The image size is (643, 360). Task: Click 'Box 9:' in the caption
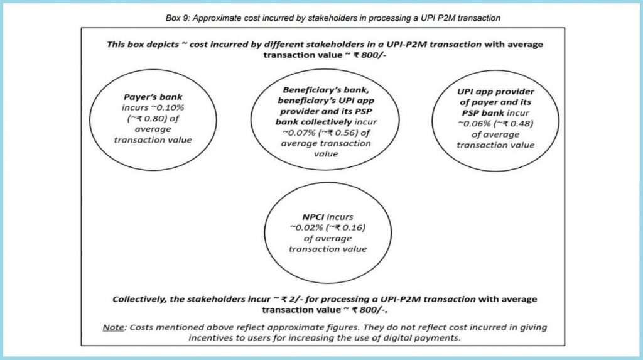pyautogui.click(x=178, y=18)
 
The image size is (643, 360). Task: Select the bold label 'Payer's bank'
pyautogui.click(x=153, y=97)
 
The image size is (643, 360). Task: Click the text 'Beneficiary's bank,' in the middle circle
pyautogui.click(x=326, y=90)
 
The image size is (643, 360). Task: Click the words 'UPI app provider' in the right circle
pyautogui.click(x=495, y=92)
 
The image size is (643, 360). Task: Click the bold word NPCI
pyautogui.click(x=313, y=217)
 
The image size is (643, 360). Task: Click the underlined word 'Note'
pyautogui.click(x=113, y=327)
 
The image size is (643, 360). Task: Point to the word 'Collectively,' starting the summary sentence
pyautogui.click(x=140, y=299)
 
